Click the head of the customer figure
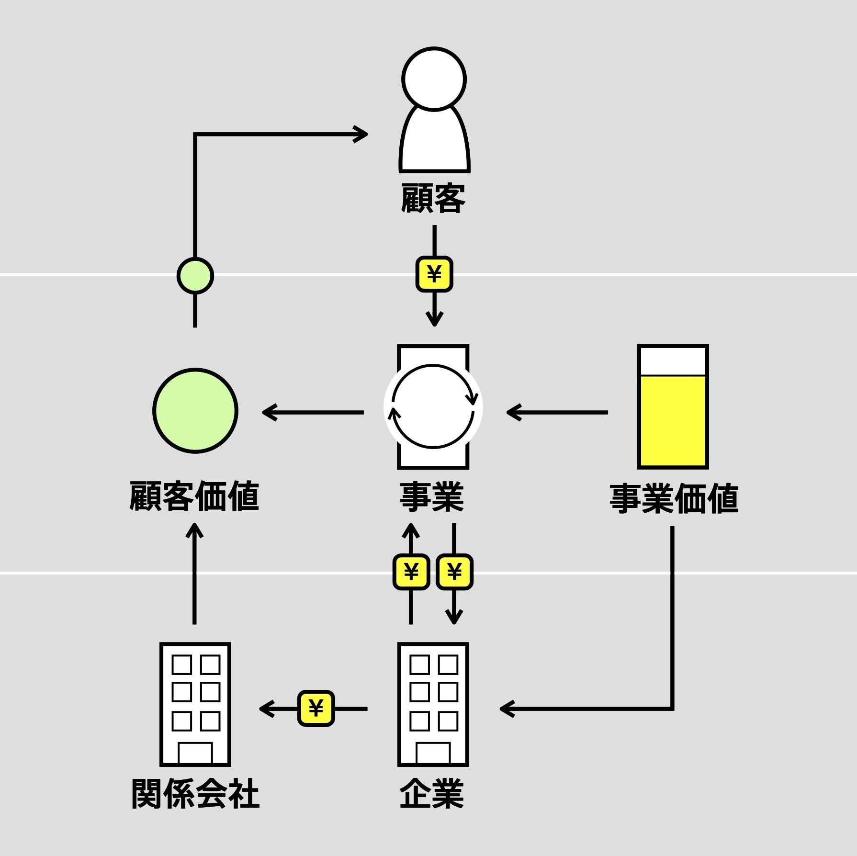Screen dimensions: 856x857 pos(434,79)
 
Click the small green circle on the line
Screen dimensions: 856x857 pos(195,275)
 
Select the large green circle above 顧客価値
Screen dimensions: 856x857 pos(195,410)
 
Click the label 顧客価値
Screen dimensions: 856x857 pos(194,496)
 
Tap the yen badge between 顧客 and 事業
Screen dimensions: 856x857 pos(434,274)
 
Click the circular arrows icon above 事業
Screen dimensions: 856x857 pos(433,406)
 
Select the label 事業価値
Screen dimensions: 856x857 pos(674,498)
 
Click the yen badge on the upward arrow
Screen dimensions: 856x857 pos(411,572)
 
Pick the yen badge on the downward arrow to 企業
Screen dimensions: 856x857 pos(454,572)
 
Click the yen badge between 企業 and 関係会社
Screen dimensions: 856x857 pos(316,708)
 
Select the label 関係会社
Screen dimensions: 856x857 pos(195,794)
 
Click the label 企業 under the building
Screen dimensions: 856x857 pos(432,794)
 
